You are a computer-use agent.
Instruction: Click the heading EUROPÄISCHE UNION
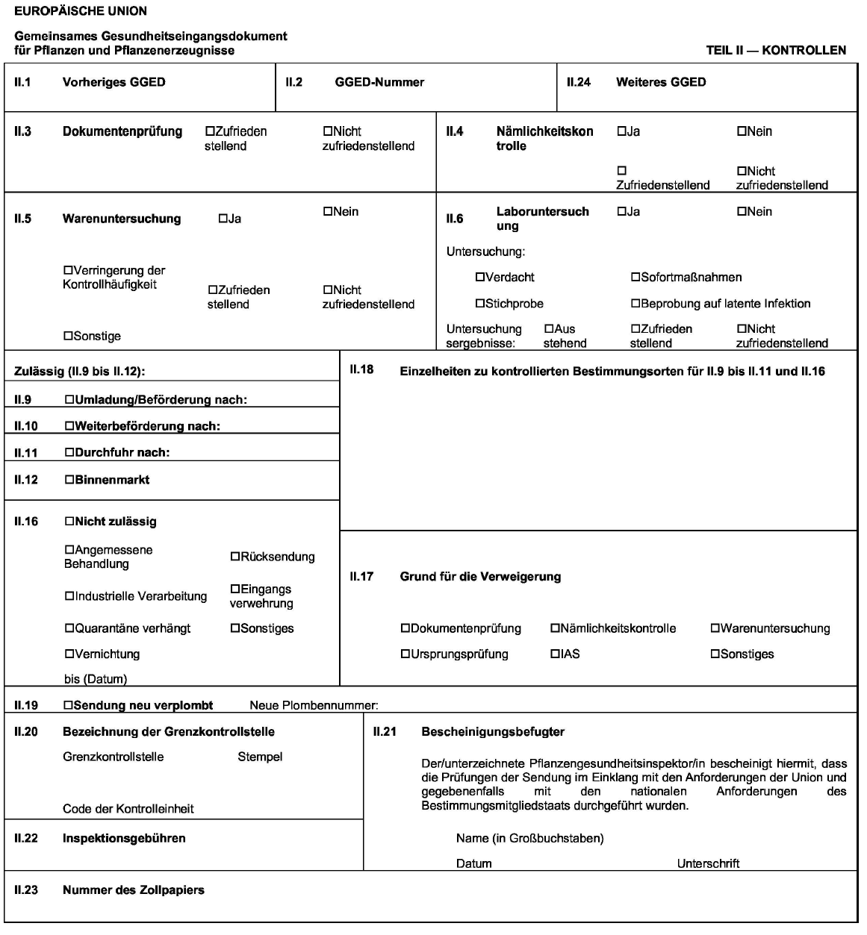pyautogui.click(x=81, y=11)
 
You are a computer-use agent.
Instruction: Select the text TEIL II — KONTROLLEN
pyautogui.click(x=776, y=51)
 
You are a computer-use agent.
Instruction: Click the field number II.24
pyautogui.click(x=579, y=82)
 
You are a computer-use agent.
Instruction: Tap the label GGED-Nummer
pyautogui.click(x=379, y=82)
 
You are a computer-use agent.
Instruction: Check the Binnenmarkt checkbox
pyautogui.click(x=69, y=480)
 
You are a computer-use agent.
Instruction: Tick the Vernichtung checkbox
pyautogui.click(x=69, y=654)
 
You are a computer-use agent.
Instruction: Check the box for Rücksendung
pyautogui.click(x=235, y=557)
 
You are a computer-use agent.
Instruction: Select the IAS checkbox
pyautogui.click(x=556, y=654)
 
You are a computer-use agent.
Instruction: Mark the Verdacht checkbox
pyautogui.click(x=480, y=278)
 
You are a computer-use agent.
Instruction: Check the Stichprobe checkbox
pyautogui.click(x=480, y=304)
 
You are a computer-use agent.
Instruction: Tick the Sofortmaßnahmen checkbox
pyautogui.click(x=636, y=278)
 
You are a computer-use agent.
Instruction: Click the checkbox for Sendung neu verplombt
pyautogui.click(x=69, y=705)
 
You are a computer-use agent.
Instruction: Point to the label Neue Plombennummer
pyautogui.click(x=314, y=705)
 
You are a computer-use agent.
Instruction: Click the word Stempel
pyautogui.click(x=260, y=757)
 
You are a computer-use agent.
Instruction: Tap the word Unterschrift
pyautogui.click(x=708, y=863)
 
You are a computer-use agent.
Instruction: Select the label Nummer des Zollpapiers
pyautogui.click(x=134, y=889)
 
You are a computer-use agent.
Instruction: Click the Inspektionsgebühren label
pyautogui.click(x=124, y=838)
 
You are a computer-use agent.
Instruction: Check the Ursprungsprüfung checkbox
pyautogui.click(x=405, y=654)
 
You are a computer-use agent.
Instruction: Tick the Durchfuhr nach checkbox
pyautogui.click(x=69, y=452)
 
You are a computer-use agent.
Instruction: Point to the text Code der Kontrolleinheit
pyautogui.click(x=128, y=808)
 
